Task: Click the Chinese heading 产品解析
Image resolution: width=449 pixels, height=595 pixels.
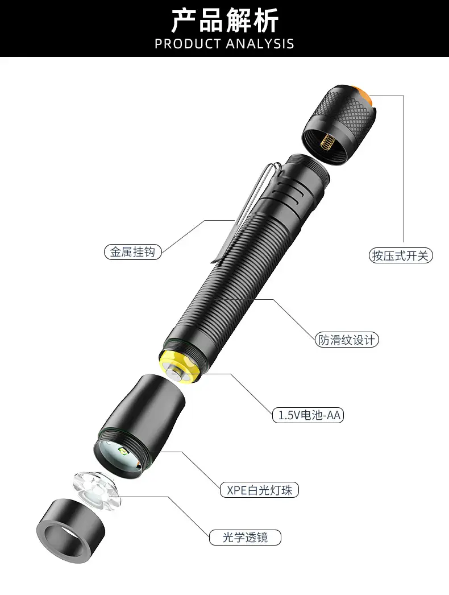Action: [x=224, y=20]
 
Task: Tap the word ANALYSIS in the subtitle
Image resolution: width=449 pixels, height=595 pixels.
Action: [x=260, y=44]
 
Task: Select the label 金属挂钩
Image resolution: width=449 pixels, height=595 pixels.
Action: [x=133, y=252]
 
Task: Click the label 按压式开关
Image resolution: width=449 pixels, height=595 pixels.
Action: [x=401, y=256]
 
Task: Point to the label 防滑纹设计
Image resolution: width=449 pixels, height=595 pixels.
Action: [x=347, y=340]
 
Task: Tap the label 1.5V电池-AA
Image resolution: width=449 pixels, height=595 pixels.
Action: [x=308, y=415]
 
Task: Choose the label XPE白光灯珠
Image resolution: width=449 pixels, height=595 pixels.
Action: [x=259, y=490]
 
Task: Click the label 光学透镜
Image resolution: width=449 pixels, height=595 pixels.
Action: [x=245, y=538]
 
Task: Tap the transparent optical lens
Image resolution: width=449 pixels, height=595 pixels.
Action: [x=97, y=491]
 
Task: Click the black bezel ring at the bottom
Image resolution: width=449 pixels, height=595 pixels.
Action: [x=70, y=531]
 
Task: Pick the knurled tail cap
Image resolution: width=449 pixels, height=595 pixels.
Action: [x=339, y=125]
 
